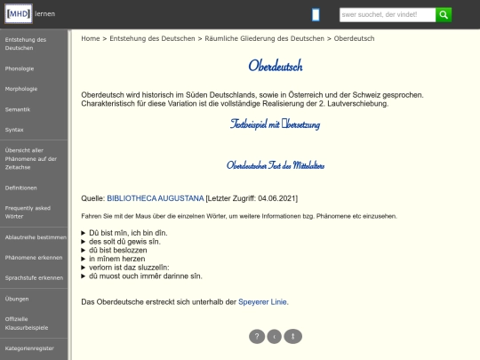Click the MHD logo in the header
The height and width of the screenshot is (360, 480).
pyautogui.click(x=18, y=14)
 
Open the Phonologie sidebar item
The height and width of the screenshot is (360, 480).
pyautogui.click(x=20, y=68)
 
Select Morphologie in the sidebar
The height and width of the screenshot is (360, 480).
pyautogui.click(x=21, y=89)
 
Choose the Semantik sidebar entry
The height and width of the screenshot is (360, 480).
pyautogui.click(x=18, y=109)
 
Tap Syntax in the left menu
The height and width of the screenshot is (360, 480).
pyautogui.click(x=14, y=130)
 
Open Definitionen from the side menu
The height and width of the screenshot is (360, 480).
pyautogui.click(x=21, y=188)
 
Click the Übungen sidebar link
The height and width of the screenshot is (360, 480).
pyautogui.click(x=17, y=299)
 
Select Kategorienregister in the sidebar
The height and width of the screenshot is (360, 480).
pyautogui.click(x=29, y=348)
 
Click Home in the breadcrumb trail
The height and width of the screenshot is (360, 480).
pyautogui.click(x=90, y=39)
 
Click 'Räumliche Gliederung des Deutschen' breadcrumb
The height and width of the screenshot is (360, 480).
pyautogui.click(x=264, y=39)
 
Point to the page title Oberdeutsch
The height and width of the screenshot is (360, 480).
pyautogui.click(x=275, y=66)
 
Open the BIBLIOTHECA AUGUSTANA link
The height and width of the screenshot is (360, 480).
pyautogui.click(x=156, y=197)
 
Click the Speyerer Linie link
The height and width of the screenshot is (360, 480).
pyautogui.click(x=263, y=302)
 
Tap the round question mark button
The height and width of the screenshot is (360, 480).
pyautogui.click(x=257, y=336)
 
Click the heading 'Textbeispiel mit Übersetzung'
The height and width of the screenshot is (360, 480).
pyautogui.click(x=275, y=124)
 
